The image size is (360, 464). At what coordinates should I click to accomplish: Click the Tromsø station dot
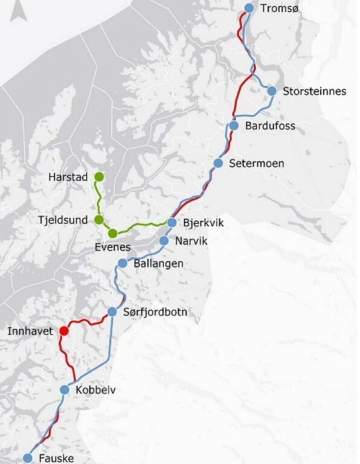click(x=249, y=8)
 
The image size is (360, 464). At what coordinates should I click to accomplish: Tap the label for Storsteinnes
click(x=315, y=91)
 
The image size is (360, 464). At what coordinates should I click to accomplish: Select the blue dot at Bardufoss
click(x=234, y=126)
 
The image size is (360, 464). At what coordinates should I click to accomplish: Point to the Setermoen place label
click(x=256, y=164)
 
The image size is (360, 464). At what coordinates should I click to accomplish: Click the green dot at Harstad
click(x=99, y=177)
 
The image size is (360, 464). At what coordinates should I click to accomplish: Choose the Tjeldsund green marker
click(x=99, y=220)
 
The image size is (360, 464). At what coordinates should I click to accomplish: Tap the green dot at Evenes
click(x=112, y=233)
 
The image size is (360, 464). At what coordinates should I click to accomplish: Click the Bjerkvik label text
click(x=203, y=224)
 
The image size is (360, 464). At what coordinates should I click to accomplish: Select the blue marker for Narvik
click(x=164, y=240)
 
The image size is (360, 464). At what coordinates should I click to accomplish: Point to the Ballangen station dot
click(x=123, y=263)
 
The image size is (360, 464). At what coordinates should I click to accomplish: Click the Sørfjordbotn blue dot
click(x=112, y=312)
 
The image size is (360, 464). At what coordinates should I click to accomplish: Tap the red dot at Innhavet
click(x=64, y=331)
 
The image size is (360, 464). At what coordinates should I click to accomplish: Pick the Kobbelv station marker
click(x=65, y=390)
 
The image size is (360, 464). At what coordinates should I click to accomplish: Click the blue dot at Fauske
click(x=28, y=459)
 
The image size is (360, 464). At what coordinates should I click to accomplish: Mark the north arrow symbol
click(x=17, y=10)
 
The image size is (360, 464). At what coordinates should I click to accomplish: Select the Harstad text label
click(x=68, y=178)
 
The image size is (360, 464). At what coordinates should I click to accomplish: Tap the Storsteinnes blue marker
click(x=272, y=91)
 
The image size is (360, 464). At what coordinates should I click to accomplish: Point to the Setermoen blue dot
click(x=219, y=164)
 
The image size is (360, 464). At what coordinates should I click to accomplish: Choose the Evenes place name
click(x=113, y=247)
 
